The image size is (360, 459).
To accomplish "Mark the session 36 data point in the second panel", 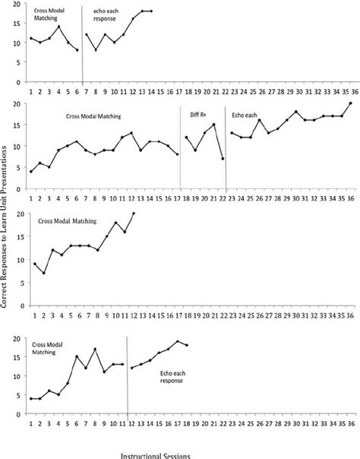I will (x=350, y=103).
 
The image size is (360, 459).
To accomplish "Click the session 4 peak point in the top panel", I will (x=58, y=27).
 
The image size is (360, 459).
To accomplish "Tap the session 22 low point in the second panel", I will (x=223, y=159).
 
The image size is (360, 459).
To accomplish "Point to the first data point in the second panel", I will (x=30, y=172).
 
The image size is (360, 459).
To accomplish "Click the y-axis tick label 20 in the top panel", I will (x=17, y=5).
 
